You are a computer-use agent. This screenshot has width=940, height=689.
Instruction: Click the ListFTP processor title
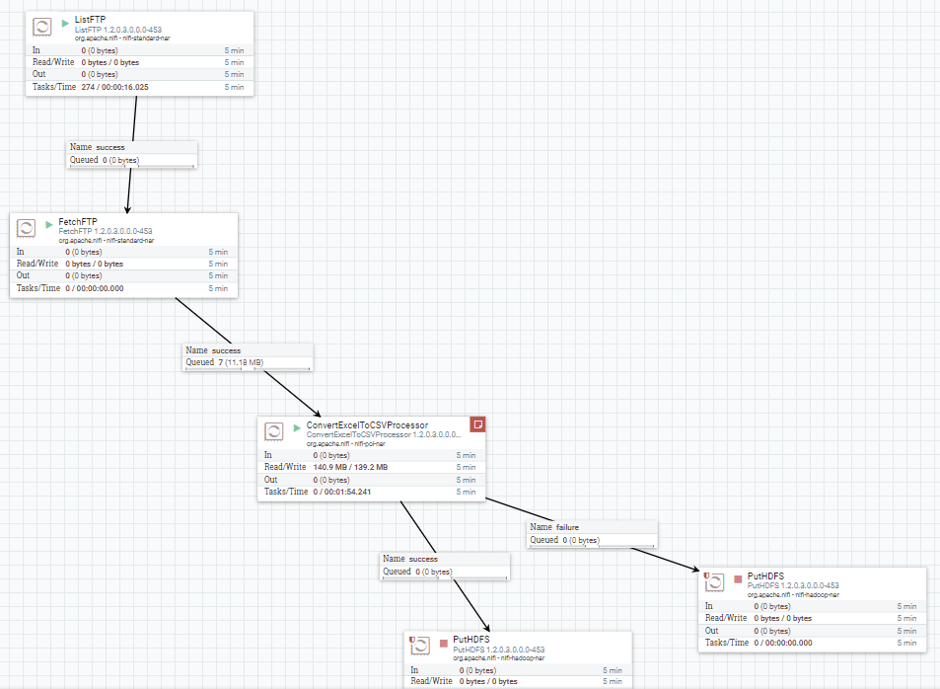point(91,20)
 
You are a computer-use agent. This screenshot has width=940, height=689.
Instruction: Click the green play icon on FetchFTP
point(49,225)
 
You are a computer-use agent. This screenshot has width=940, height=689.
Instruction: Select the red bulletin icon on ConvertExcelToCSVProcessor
point(477,424)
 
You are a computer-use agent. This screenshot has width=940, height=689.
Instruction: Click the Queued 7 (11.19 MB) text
point(225,362)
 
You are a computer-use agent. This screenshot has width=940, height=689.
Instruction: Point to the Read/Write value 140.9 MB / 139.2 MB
point(350,467)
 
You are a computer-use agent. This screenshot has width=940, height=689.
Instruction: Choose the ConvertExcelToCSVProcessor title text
point(367,425)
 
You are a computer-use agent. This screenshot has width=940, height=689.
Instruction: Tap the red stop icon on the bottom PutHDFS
point(443,644)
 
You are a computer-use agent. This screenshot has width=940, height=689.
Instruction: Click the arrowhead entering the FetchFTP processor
point(128,208)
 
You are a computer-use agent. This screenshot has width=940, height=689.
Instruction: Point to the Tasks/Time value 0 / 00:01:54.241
point(346,492)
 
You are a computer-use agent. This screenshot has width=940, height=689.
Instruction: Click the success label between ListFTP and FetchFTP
point(110,147)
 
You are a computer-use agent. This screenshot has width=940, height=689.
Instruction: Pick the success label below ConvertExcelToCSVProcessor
point(423,559)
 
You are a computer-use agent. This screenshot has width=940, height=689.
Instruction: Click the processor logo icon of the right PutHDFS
point(717,583)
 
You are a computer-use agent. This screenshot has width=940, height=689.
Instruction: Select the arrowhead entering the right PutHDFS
point(697,570)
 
